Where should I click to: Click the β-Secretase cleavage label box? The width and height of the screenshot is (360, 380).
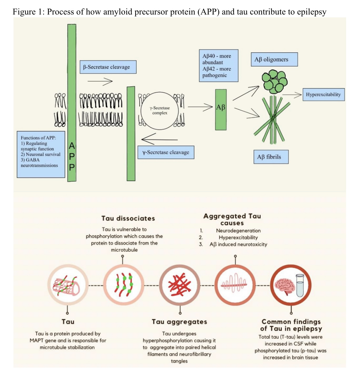pos(108,67)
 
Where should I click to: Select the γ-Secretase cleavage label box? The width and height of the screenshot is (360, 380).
pos(166,152)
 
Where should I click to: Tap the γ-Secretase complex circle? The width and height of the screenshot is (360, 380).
pos(160,111)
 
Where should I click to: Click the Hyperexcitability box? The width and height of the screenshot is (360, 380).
pos(323,95)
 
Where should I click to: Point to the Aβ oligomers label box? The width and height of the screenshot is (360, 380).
pos(274,59)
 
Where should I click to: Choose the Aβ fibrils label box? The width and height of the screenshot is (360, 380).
pos(271,157)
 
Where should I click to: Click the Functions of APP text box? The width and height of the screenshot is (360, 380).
pos(41,154)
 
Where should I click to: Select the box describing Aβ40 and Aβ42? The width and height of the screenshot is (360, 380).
pos(218,65)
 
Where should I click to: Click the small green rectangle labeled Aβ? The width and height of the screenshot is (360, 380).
pos(221,110)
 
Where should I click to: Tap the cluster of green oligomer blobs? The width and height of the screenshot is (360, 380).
pos(274,81)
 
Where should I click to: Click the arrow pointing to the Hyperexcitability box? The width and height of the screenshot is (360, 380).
pos(292,95)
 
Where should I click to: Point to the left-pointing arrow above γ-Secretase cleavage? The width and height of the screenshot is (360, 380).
pos(159,139)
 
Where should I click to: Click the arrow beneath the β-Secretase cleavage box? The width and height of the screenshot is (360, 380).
pos(100,82)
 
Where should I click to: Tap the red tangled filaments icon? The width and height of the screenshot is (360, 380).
pos(180,285)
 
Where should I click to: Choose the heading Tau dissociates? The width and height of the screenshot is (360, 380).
pos(128,218)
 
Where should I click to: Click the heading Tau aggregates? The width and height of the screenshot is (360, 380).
pos(179,322)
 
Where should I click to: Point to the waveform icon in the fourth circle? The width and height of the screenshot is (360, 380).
pos(235,284)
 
